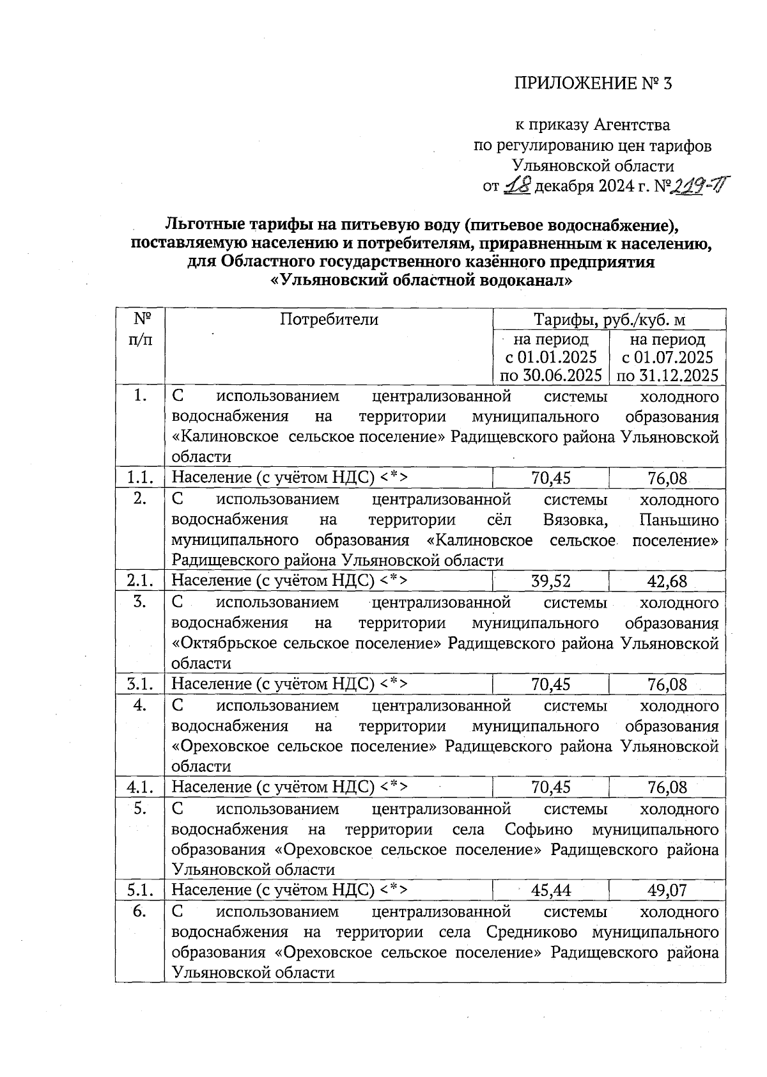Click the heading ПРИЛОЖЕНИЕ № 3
coord(594,84)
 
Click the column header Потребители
coord(329,319)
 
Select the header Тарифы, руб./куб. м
coord(610,319)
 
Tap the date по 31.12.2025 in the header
coord(667,375)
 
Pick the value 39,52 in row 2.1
coord(551,581)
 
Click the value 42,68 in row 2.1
coord(667,581)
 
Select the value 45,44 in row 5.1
coord(551,890)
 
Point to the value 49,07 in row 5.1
coord(667,890)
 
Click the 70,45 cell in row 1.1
coord(551,478)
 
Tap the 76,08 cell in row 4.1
coord(667,787)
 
